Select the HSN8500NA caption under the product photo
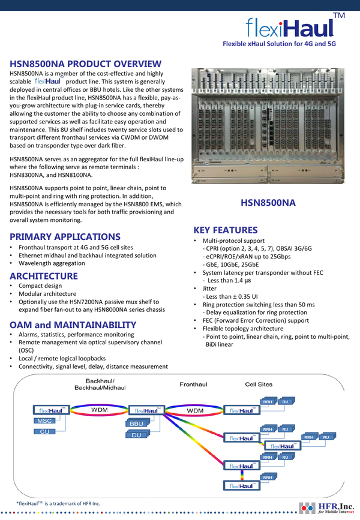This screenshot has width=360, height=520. (268, 203)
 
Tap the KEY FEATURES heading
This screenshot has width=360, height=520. (226, 230)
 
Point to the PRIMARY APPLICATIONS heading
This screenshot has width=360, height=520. (65, 236)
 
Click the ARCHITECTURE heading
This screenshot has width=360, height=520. (44, 276)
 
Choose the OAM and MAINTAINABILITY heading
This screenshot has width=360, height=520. (73, 325)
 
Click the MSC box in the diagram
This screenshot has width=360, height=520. (45, 422)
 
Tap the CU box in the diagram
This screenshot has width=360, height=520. (45, 432)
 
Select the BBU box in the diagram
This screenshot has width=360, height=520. (136, 424)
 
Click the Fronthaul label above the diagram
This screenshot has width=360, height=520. (194, 384)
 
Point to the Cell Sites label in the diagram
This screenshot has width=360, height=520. (259, 384)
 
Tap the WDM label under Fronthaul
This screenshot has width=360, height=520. (196, 410)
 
